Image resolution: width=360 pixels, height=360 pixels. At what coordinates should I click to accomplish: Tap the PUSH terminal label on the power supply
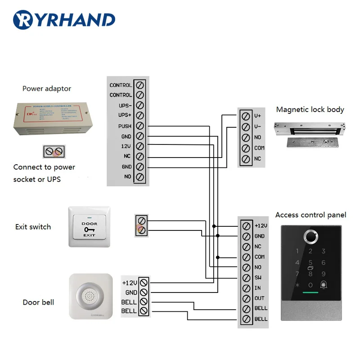(x=125, y=126)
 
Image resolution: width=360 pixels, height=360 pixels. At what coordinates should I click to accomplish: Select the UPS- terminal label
(x=125, y=105)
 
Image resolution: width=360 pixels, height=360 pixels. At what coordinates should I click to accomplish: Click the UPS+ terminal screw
(x=139, y=116)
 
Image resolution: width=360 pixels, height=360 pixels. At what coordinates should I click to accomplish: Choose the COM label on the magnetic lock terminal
(x=259, y=148)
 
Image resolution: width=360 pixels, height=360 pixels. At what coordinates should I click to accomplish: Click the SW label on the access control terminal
(x=258, y=278)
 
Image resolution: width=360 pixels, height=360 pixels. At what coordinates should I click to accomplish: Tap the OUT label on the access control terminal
(x=259, y=298)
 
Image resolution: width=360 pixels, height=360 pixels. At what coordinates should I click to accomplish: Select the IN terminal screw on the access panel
(x=246, y=288)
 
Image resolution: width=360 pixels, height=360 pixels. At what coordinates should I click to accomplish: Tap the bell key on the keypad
(x=324, y=285)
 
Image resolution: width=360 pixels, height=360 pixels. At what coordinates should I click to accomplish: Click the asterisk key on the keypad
(x=297, y=285)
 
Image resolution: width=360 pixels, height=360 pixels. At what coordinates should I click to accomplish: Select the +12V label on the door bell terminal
(x=129, y=283)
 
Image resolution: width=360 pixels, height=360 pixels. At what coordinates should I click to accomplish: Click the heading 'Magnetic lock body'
(x=310, y=109)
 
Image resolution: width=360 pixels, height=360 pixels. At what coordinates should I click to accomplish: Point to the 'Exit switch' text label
(x=33, y=227)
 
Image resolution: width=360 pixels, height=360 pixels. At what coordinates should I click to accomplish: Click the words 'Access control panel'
(x=310, y=215)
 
